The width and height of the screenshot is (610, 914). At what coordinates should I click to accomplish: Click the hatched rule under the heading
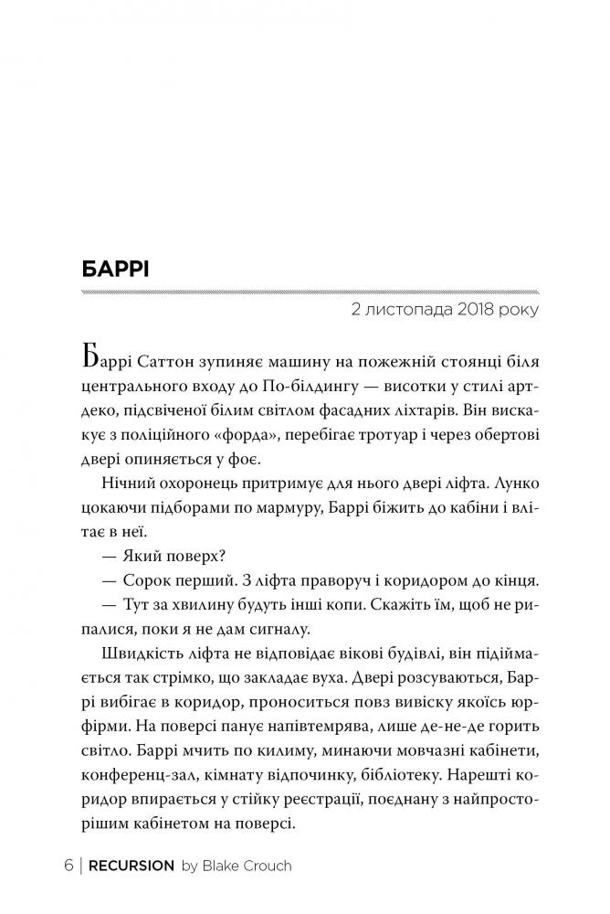310,292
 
